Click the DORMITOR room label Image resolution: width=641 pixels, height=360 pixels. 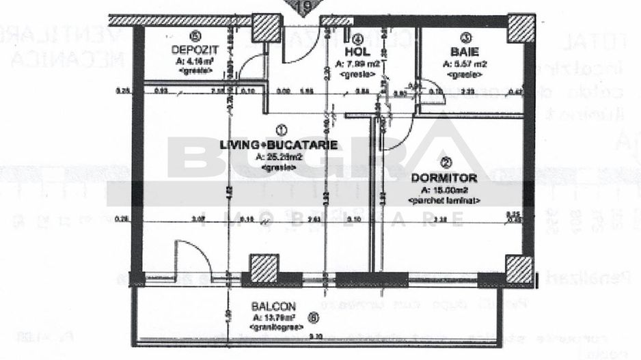(444, 178)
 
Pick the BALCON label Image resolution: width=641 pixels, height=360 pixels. (273, 307)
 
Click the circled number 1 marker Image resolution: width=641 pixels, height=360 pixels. (279, 128)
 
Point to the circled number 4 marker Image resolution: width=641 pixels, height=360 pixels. (357, 38)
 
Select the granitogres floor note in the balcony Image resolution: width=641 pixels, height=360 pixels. (273, 327)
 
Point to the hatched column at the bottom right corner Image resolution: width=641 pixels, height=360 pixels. (519, 268)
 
